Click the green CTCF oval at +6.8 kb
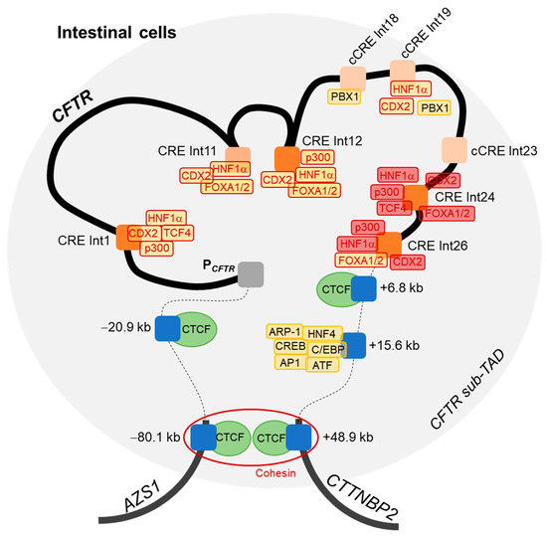coord(335,288)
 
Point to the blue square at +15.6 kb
coord(353,345)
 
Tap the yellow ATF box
coord(322,365)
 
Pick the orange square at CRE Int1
coord(129,236)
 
